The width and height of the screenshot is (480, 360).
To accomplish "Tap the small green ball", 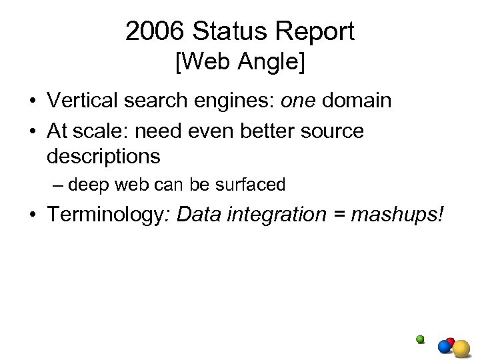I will tap(420, 338).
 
